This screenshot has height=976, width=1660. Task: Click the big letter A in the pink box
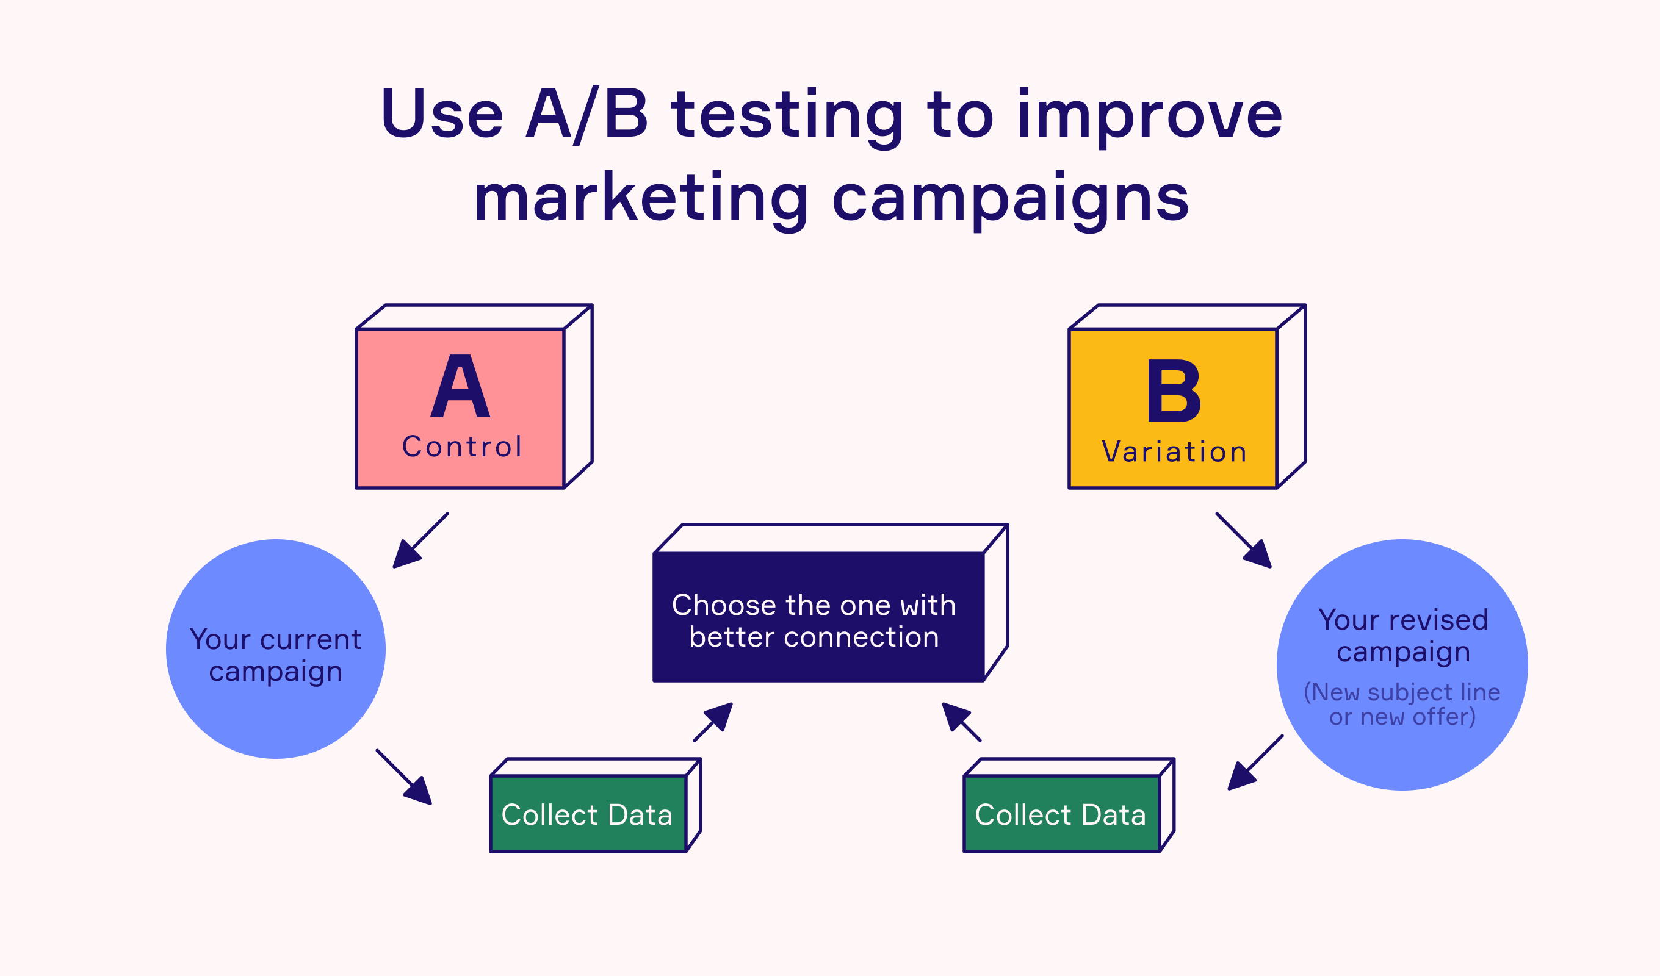[x=460, y=388]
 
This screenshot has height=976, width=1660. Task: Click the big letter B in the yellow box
[x=1173, y=392]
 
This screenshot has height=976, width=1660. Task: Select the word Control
[x=462, y=447]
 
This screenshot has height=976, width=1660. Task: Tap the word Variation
[x=1174, y=453]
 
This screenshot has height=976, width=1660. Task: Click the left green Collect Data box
[x=588, y=814]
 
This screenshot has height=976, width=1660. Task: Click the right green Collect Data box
[x=1061, y=814]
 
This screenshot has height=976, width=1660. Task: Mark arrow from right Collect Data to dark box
[x=961, y=722]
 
